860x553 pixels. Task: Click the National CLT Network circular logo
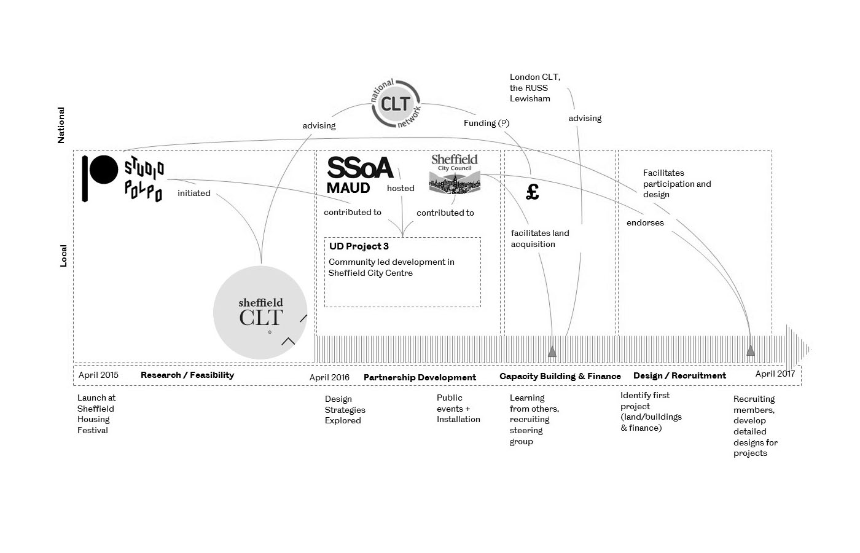click(x=396, y=103)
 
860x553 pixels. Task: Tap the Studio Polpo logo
click(x=123, y=178)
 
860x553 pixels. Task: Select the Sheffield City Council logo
click(x=455, y=174)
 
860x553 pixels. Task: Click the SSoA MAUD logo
click(x=359, y=175)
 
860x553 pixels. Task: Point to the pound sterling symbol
click(x=533, y=192)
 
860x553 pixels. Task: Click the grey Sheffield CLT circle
click(x=260, y=312)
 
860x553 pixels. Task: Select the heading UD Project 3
click(x=359, y=246)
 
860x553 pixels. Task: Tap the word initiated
click(x=194, y=193)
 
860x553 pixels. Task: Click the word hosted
click(x=401, y=188)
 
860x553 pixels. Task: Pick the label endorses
click(x=645, y=222)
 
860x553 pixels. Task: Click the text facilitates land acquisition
click(x=540, y=238)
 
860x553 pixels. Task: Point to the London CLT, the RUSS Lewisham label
click(x=534, y=88)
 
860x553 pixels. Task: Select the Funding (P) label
click(x=487, y=123)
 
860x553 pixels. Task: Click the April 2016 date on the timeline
click(x=329, y=377)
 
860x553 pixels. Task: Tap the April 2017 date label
click(x=775, y=374)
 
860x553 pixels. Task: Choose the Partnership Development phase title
click(x=420, y=377)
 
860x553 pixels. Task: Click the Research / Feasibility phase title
click(x=187, y=375)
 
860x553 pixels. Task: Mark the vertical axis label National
click(x=61, y=125)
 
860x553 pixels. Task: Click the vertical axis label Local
click(x=63, y=256)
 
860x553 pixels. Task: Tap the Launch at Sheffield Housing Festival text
click(x=96, y=414)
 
